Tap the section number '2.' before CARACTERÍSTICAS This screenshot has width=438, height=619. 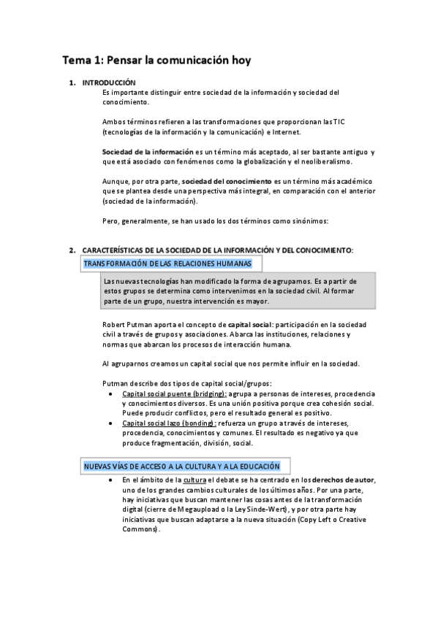(72, 250)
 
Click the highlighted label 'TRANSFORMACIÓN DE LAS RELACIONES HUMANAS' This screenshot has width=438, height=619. (168, 263)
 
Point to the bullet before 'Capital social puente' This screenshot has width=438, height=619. (110, 393)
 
